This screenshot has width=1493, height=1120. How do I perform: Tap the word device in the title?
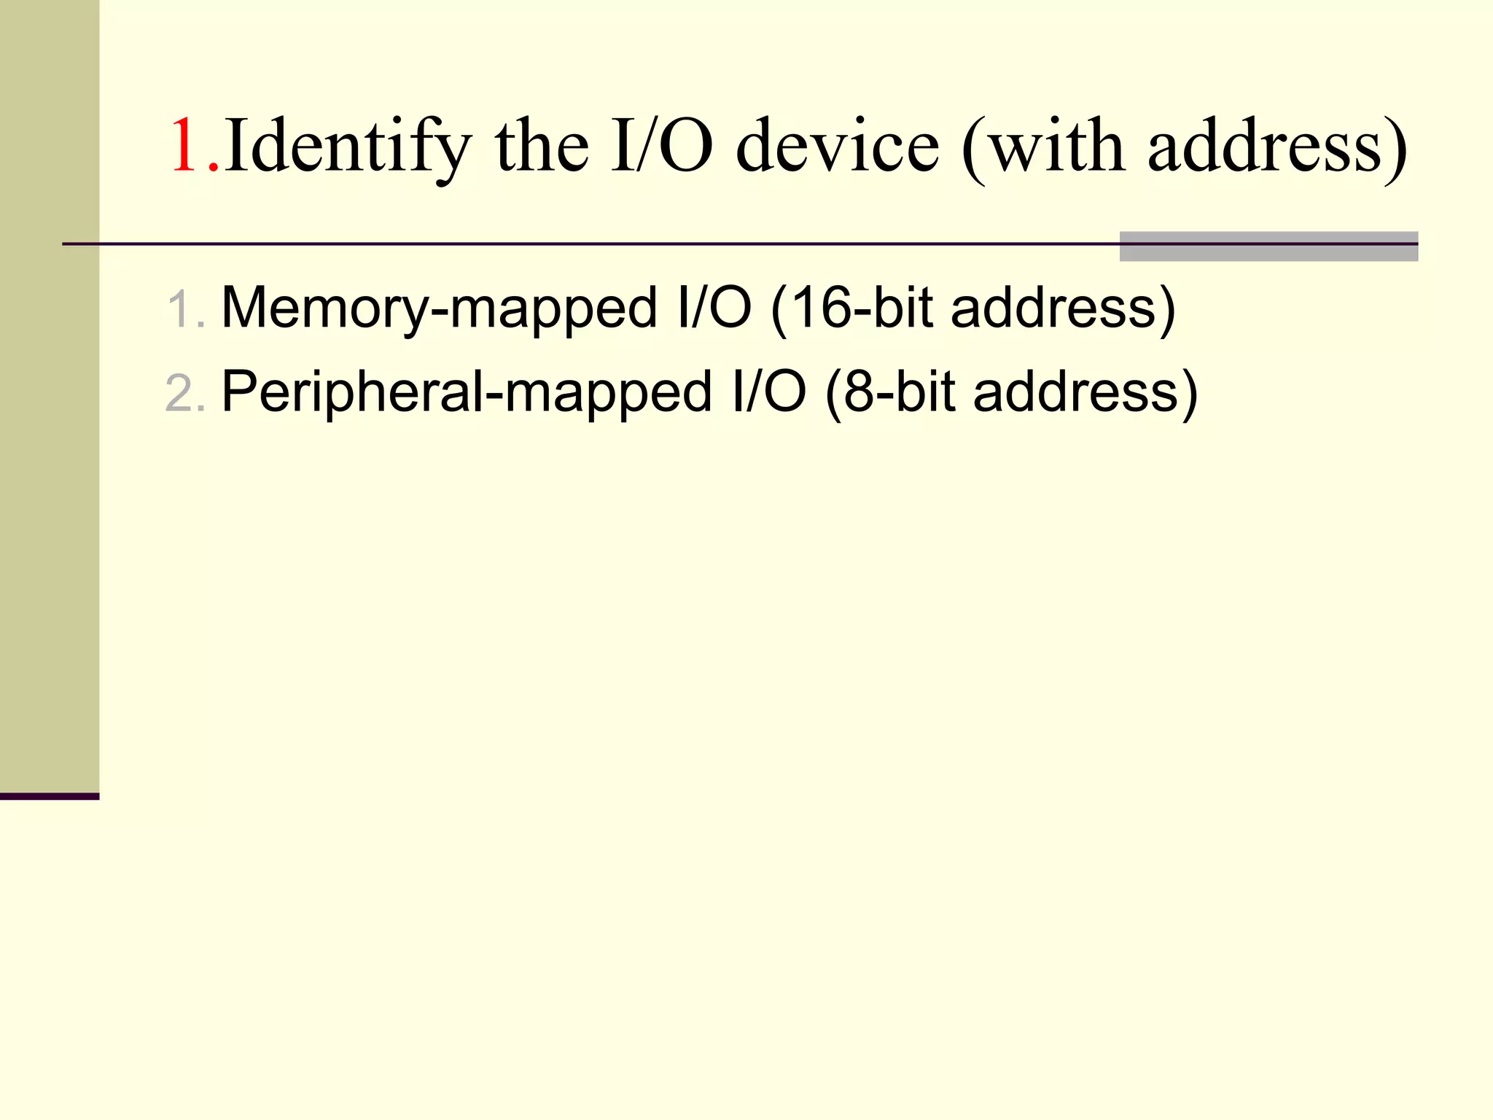[838, 147]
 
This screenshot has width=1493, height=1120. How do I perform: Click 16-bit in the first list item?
[860, 308]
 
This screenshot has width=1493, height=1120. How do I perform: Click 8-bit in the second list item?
[898, 392]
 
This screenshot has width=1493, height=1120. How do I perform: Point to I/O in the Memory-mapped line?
[714, 308]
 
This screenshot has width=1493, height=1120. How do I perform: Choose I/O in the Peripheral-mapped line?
[769, 392]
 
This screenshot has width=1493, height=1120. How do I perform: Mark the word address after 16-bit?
[1054, 308]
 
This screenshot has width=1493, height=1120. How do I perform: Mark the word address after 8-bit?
[1076, 392]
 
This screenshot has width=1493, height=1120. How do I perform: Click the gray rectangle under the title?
[1268, 252]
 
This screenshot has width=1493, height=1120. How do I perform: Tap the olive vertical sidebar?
[49, 394]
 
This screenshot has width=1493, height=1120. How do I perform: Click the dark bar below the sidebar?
[49, 796]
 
